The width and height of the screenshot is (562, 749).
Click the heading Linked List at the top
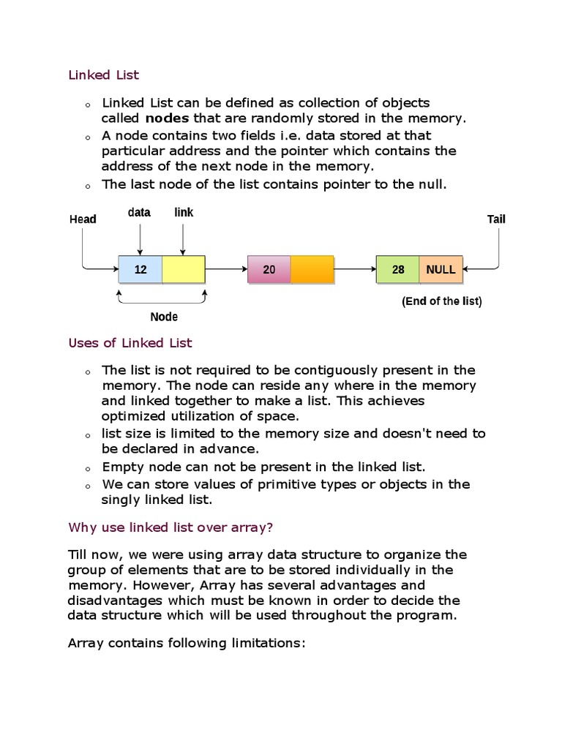(103, 75)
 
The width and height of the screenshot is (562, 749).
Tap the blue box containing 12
(140, 269)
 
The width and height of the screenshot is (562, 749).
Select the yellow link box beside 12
(183, 269)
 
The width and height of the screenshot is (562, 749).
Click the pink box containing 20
(269, 269)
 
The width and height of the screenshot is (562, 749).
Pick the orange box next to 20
(312, 269)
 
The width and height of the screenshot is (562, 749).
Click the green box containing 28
(398, 269)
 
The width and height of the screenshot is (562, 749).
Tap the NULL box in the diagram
(441, 269)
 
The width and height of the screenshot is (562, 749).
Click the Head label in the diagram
(83, 219)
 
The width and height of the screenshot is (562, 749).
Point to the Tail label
(496, 219)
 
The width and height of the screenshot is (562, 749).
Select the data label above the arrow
(139, 212)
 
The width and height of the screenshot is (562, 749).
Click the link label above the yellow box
(184, 212)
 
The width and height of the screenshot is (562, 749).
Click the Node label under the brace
(164, 317)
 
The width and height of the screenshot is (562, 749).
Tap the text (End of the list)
(442, 301)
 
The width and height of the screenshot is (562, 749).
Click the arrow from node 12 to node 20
(226, 269)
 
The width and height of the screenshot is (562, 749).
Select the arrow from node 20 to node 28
(355, 269)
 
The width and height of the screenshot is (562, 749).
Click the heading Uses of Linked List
(130, 342)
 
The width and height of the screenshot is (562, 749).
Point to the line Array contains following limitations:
(186, 643)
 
